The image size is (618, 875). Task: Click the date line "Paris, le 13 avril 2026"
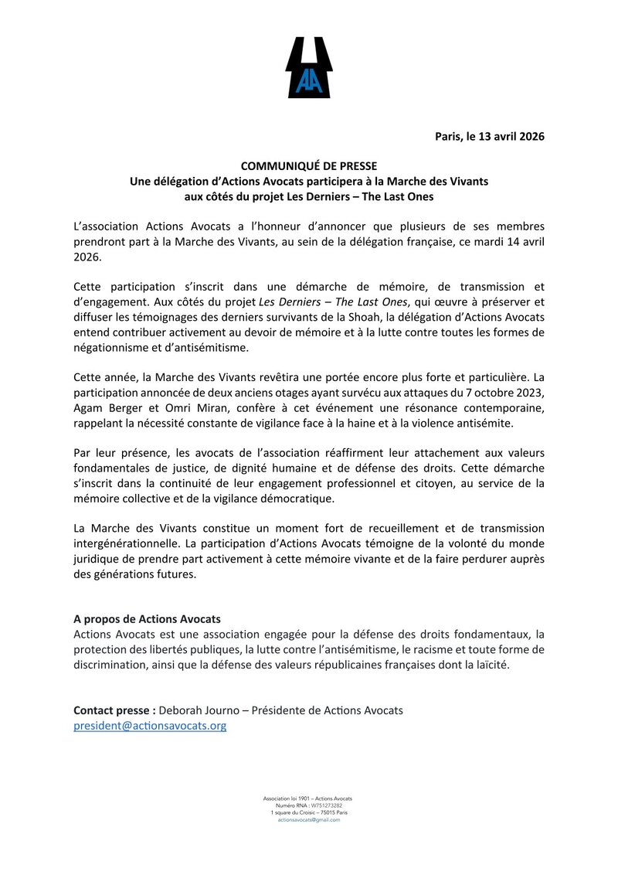pos(490,136)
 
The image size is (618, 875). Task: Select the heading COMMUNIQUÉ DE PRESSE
pos(309,165)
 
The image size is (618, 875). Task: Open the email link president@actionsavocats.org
pos(150,726)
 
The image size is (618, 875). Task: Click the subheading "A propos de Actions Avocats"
pos(147,619)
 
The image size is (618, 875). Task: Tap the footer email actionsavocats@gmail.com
pos(309,819)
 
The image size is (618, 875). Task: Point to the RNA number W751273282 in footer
pos(325,805)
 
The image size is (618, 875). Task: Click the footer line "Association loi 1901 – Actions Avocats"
pos(309,798)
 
